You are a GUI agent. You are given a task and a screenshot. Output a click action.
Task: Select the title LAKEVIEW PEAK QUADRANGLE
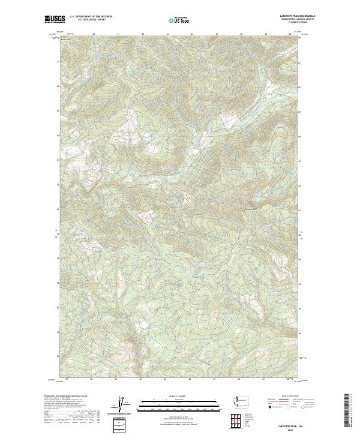pyautogui.click(x=298, y=16)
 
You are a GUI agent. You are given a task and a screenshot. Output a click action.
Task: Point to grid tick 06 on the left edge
pyautogui.click(x=58, y=86)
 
